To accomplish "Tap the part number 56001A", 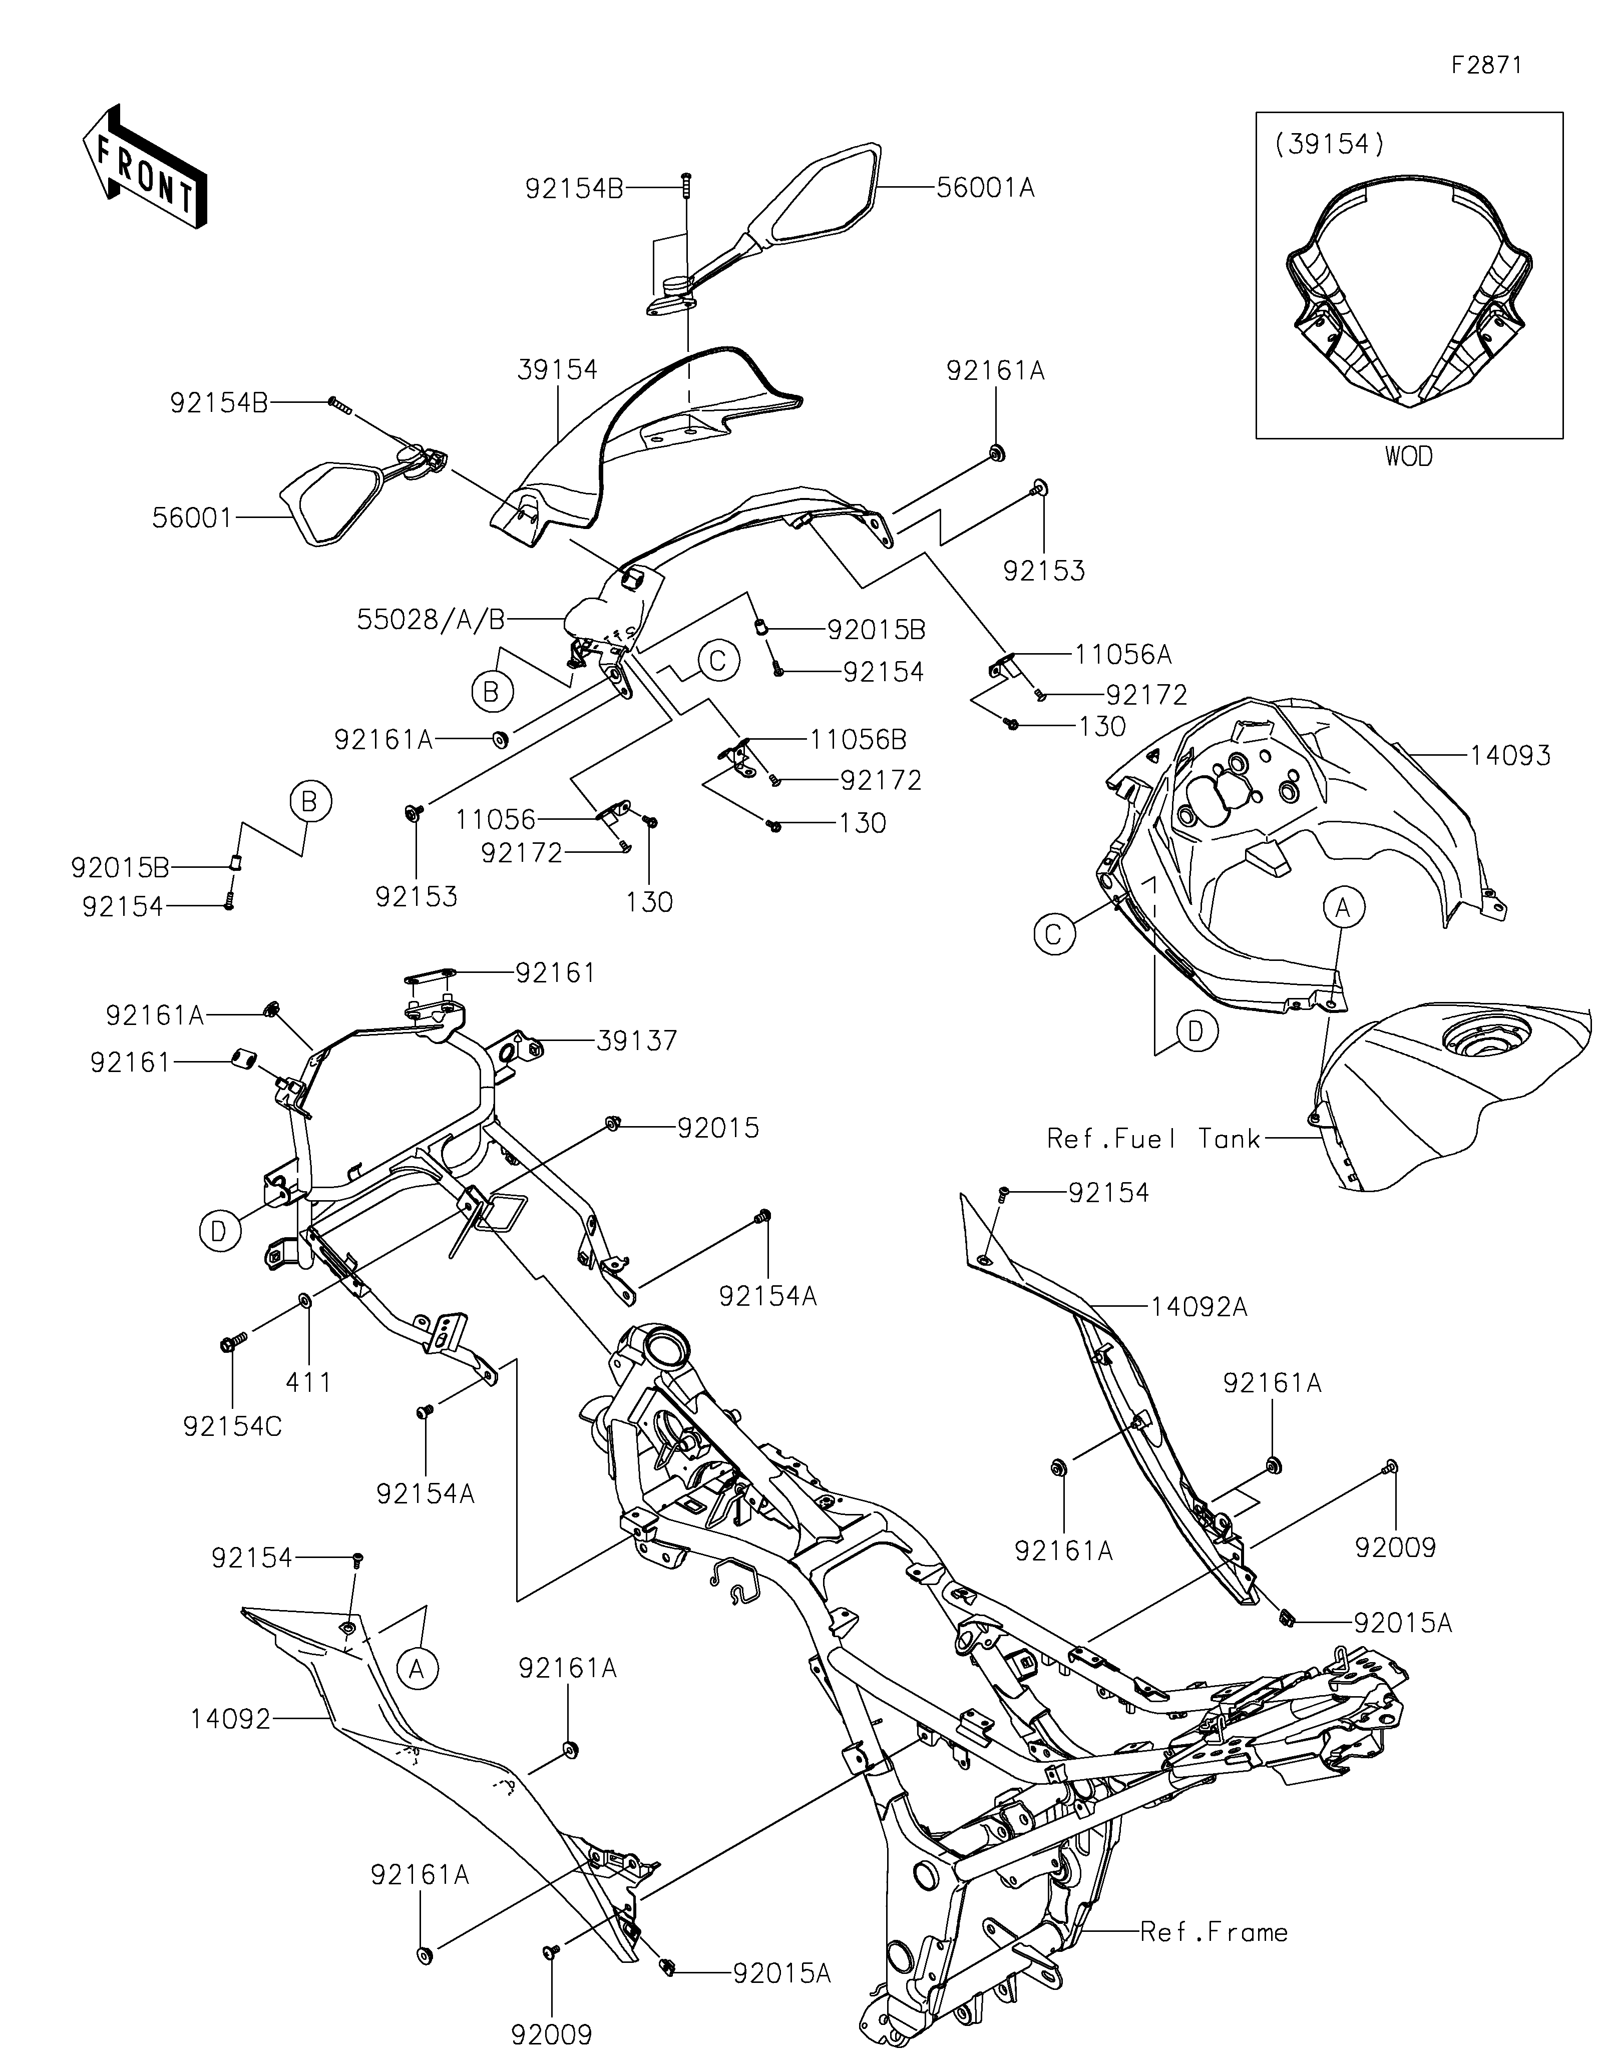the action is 986,188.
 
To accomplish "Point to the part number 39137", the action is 637,1040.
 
